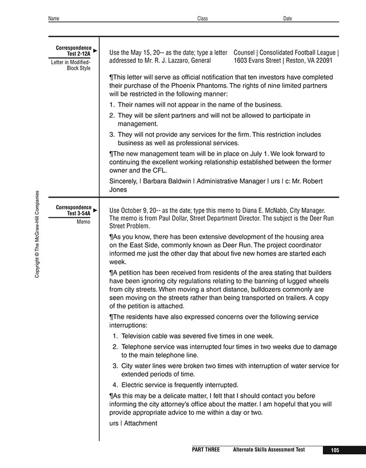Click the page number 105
pyautogui.click(x=335, y=450)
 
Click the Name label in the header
pyautogui.click(x=54, y=19)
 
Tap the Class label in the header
pyautogui.click(x=202, y=19)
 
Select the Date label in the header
pyautogui.click(x=288, y=19)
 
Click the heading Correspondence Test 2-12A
pyautogui.click(x=74, y=51)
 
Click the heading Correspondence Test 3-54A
pyautogui.click(x=74, y=210)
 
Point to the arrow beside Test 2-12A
pyautogui.click(x=95, y=51)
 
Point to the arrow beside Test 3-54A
pyautogui.click(x=95, y=210)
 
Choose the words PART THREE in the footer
pyautogui.click(x=206, y=450)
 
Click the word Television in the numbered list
pyautogui.click(x=138, y=336)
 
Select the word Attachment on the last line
pyautogui.click(x=141, y=423)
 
